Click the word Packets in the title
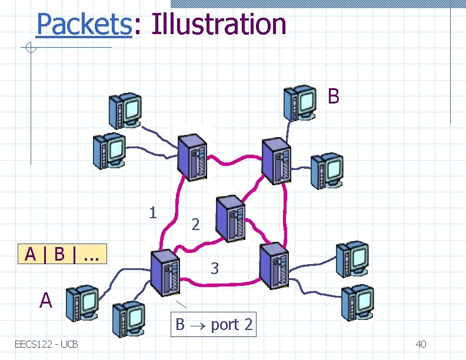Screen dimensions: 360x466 click(83, 24)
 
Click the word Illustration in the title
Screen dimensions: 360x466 click(218, 24)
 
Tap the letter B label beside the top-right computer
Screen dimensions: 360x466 click(333, 96)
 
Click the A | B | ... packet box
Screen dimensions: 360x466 click(62, 254)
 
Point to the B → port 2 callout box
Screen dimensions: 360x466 click(214, 324)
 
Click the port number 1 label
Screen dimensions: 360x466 click(153, 212)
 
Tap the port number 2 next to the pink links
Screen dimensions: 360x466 click(196, 224)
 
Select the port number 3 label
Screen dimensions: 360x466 click(215, 269)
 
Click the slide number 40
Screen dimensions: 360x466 click(421, 344)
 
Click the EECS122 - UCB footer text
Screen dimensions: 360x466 click(47, 344)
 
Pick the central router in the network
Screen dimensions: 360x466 click(230, 218)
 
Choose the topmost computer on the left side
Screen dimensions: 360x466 click(124, 110)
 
